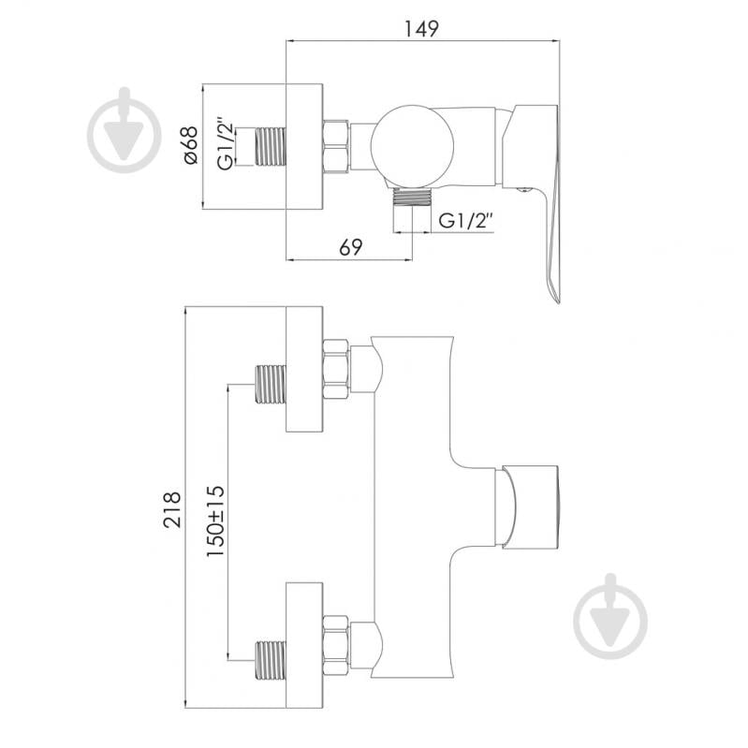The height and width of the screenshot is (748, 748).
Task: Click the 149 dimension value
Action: (x=421, y=29)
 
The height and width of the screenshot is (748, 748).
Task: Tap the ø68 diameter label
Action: (x=190, y=145)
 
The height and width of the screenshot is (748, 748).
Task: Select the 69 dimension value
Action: (x=351, y=247)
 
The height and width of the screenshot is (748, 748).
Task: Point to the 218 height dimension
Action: (x=172, y=509)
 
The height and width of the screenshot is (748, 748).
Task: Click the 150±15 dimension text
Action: (x=215, y=521)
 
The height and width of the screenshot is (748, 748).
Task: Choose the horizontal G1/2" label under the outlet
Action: (x=465, y=221)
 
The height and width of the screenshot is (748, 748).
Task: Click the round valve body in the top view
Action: (x=412, y=145)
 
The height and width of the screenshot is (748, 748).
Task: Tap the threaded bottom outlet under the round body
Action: (x=412, y=197)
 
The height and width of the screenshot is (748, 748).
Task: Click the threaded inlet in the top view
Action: (x=271, y=146)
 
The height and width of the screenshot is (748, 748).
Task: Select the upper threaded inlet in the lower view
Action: (x=271, y=385)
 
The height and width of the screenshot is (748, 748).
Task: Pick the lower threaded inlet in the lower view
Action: (x=271, y=660)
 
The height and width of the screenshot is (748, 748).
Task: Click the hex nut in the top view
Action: (x=336, y=146)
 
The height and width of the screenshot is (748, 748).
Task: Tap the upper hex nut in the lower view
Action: (x=336, y=370)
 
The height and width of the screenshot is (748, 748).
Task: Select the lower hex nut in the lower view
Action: (x=336, y=645)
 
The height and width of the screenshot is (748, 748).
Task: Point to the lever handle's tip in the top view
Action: (x=557, y=301)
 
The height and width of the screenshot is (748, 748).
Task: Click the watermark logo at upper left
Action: (x=125, y=129)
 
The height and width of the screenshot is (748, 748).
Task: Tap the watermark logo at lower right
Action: (x=610, y=616)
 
